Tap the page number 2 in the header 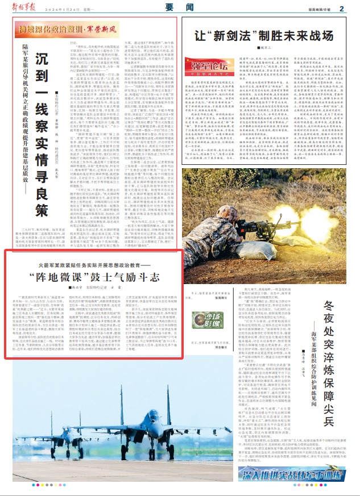(x=342, y=9)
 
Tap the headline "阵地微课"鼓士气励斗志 (x=93, y=278)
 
